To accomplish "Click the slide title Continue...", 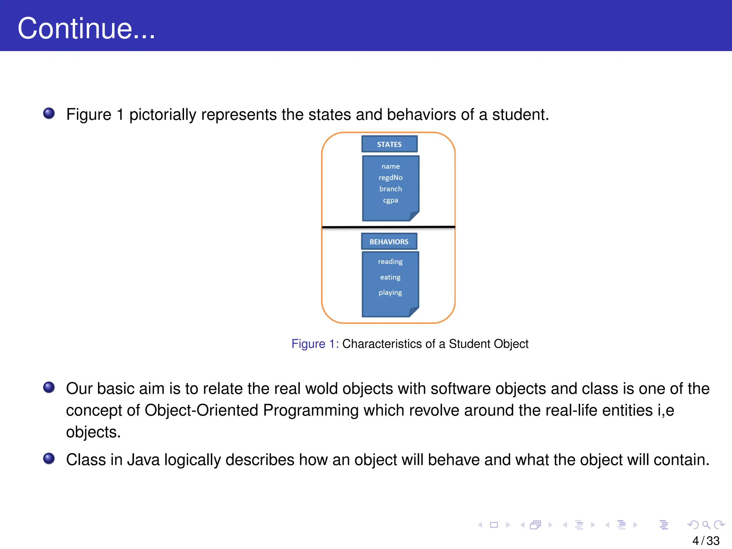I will coord(86,28).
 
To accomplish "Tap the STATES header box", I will coord(389,144).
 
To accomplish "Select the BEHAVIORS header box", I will coord(389,242).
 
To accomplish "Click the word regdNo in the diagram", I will coord(390,178).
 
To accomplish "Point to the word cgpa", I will coord(390,200).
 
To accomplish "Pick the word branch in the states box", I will coord(390,189).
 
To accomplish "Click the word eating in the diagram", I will coord(390,277).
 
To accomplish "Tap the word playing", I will coord(390,293).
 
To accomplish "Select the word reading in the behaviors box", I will coord(390,262).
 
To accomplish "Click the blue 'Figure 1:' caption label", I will coord(315,344).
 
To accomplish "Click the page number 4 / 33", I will coord(706,540).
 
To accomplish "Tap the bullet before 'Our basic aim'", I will coord(49,387).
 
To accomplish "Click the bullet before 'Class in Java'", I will coord(49,459).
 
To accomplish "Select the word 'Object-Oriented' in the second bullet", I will coord(201,410).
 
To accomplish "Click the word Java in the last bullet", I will coord(143,460).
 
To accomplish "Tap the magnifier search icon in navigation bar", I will coord(706,525).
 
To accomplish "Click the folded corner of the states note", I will coord(414,216).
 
